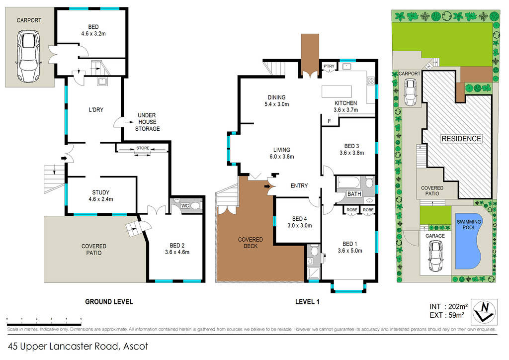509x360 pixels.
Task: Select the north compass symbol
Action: pyautogui.click(x=484, y=312)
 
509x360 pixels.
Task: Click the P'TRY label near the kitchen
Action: pyautogui.click(x=329, y=66)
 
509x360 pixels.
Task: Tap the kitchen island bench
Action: pyautogui.click(x=337, y=91)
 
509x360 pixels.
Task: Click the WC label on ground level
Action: pyautogui.click(x=185, y=206)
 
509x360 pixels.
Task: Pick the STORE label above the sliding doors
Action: pyautogui.click(x=143, y=148)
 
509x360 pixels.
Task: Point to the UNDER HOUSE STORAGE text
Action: pyautogui.click(x=147, y=122)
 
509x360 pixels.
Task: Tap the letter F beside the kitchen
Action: pyautogui.click(x=329, y=121)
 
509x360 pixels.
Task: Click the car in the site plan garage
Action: pyautogui.click(x=435, y=256)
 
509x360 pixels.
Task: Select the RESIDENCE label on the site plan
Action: pyautogui.click(x=461, y=139)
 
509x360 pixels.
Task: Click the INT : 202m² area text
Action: pyautogui.click(x=448, y=307)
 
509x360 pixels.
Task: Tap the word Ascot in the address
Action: pyautogui.click(x=136, y=347)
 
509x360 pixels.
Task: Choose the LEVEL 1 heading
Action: pyautogui.click(x=307, y=302)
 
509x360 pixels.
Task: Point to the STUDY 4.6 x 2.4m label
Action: pyautogui.click(x=100, y=196)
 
